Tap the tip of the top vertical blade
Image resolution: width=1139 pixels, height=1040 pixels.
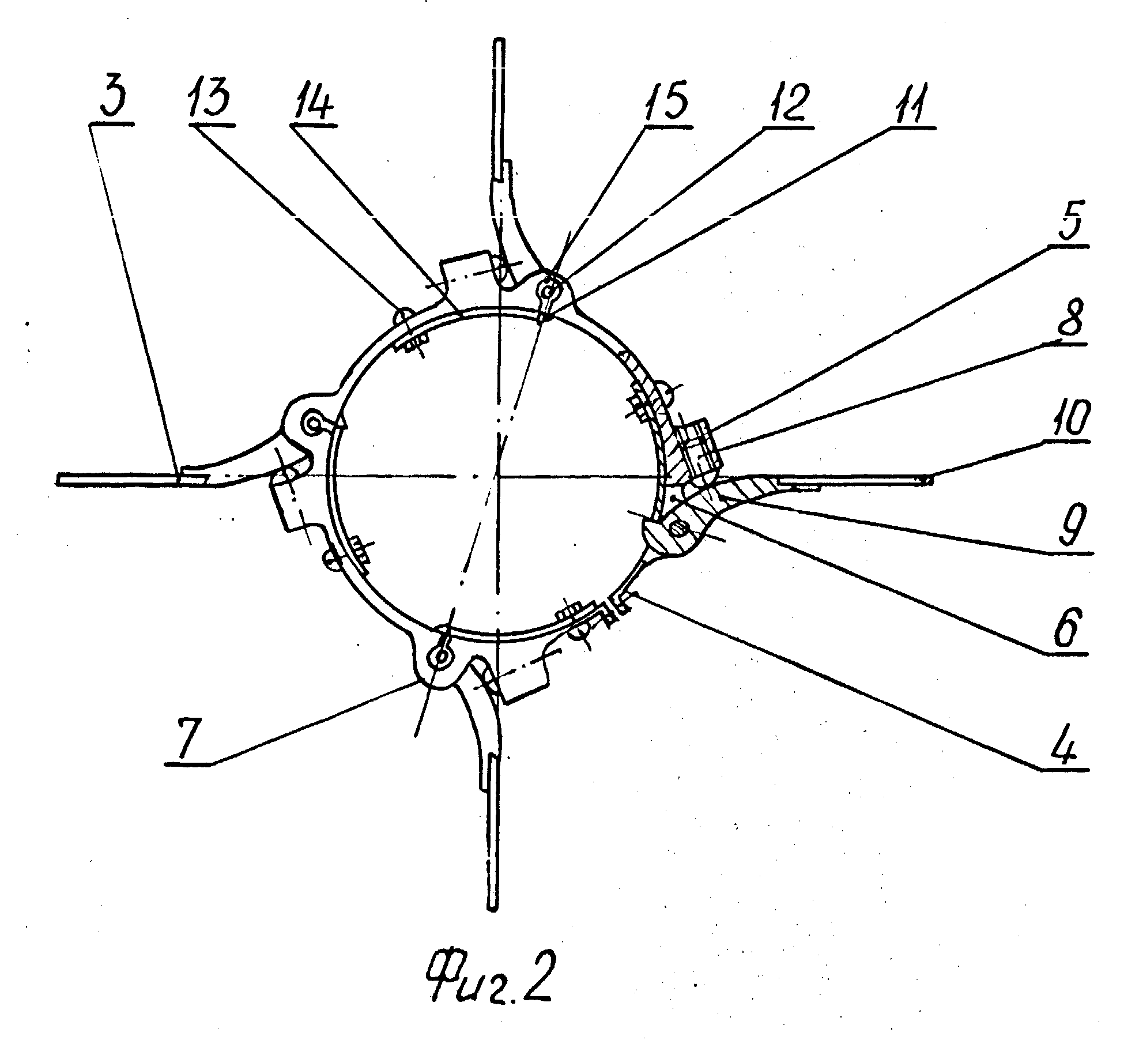500,40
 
